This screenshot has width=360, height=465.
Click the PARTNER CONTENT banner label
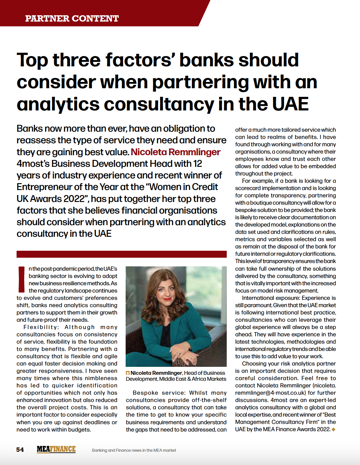point(72,18)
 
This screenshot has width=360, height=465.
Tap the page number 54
point(20,449)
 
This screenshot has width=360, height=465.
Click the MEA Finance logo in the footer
point(56,449)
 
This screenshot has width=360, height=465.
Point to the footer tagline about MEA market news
point(134,450)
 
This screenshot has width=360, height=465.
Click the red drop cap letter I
point(21,279)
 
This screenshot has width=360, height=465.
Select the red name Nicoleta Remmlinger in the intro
point(175,152)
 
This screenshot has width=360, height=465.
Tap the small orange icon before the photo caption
point(128,373)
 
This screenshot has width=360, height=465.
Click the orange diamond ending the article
point(333,430)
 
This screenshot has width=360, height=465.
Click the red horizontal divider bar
point(121,254)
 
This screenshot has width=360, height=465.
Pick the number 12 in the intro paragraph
point(198,164)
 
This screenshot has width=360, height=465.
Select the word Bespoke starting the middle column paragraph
point(145,393)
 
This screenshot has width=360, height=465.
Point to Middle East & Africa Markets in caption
point(193,379)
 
